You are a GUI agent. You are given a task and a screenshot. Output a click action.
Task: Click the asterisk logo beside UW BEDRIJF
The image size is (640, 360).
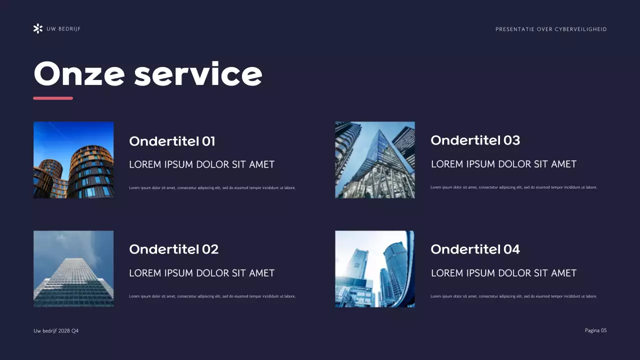(x=37, y=28)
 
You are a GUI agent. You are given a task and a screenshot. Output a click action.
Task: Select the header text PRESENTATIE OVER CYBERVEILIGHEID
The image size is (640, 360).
(x=551, y=29)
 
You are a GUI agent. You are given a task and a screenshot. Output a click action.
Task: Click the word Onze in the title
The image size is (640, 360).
(x=79, y=74)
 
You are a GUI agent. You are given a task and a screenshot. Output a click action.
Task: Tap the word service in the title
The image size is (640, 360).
(x=198, y=74)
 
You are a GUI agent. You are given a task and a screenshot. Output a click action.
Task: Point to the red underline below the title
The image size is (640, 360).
(x=53, y=98)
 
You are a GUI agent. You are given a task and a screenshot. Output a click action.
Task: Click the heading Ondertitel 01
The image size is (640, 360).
(x=172, y=141)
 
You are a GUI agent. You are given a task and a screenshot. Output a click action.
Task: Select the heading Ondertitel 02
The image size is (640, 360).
(x=173, y=249)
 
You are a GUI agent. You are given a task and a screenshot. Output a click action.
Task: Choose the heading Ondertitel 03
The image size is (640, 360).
(x=475, y=140)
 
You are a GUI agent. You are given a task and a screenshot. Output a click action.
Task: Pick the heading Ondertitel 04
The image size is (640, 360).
(x=475, y=249)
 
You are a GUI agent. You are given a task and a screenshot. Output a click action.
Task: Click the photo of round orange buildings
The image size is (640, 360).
(x=73, y=160)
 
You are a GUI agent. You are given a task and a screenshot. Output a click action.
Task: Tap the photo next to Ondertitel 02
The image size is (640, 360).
(x=73, y=268)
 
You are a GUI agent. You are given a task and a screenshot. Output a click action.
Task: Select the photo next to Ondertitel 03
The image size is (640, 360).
(x=374, y=160)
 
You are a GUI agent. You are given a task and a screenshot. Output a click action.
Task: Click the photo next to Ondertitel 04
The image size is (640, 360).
(x=374, y=268)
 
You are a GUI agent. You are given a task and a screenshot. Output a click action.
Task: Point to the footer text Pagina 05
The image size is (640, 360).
(x=595, y=330)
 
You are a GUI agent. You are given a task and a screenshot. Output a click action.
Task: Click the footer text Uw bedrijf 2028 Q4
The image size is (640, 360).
(x=56, y=331)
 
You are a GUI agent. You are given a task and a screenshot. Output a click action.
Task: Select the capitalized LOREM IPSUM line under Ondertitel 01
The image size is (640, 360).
(x=201, y=164)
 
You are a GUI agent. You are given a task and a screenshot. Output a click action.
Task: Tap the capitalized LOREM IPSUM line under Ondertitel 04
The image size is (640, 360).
(x=503, y=273)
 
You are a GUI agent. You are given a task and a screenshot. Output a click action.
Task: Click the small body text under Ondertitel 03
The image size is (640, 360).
(x=513, y=187)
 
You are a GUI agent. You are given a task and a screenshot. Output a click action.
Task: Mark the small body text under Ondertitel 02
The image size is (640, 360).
(x=212, y=296)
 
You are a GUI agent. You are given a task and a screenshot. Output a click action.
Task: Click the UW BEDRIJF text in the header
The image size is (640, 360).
(x=63, y=29)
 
